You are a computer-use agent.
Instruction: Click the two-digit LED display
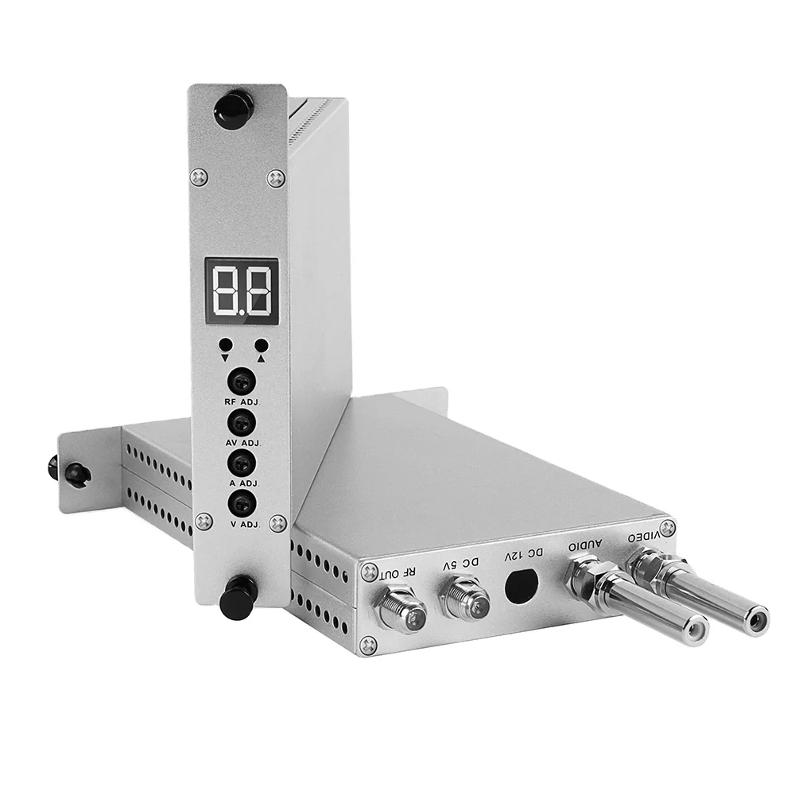pos(242,292)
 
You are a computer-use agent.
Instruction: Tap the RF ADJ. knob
pos(241,381)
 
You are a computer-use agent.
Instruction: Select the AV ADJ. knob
pos(241,421)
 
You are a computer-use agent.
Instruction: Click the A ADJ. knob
pos(241,462)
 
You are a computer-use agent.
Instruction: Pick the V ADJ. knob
pos(241,502)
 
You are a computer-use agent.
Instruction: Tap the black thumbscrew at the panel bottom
pos(239,595)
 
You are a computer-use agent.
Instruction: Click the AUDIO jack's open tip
pos(697,632)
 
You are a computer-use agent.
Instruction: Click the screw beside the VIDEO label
pos(668,526)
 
